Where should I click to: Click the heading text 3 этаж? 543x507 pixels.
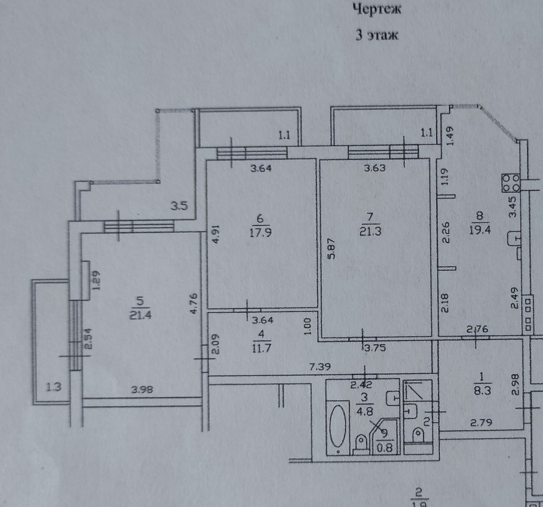coord(377,36)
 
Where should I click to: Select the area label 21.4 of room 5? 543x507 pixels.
coord(141,315)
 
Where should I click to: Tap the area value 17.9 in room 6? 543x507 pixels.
coord(260,233)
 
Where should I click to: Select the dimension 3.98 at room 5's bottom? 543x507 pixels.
coord(142,390)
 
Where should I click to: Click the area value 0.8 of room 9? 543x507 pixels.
coord(385,448)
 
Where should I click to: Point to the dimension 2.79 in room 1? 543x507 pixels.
coord(481,431)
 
